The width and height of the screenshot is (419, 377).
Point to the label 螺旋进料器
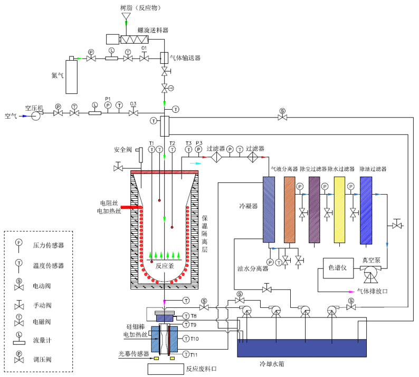pyautogui.click(x=153, y=30)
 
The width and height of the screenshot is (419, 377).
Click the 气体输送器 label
pyautogui.click(x=185, y=57)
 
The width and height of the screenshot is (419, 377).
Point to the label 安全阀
pyautogui.click(x=122, y=149)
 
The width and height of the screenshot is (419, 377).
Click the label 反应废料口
pyautogui.click(x=201, y=369)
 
